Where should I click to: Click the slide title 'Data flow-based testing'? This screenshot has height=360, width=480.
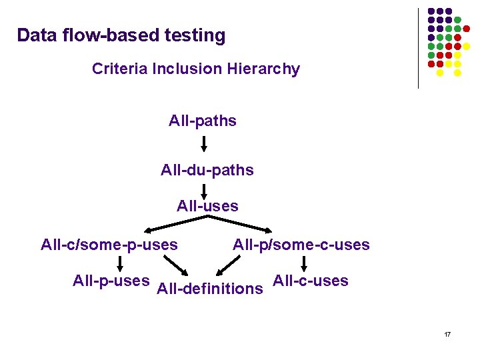pyautogui.click(x=121, y=35)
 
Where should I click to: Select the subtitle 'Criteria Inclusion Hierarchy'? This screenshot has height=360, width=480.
pyautogui.click(x=196, y=69)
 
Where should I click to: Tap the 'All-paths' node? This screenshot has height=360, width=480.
pyautogui.click(x=203, y=121)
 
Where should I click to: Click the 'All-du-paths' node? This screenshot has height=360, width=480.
pyautogui.click(x=207, y=170)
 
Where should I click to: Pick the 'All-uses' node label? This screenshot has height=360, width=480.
pyautogui.click(x=207, y=206)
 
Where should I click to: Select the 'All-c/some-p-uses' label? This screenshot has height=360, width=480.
pyautogui.click(x=109, y=245)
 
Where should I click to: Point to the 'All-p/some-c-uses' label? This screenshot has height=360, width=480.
pyautogui.click(x=301, y=245)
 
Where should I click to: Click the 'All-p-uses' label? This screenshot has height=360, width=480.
pyautogui.click(x=111, y=281)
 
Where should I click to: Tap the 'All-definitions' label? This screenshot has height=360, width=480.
pyautogui.click(x=209, y=289)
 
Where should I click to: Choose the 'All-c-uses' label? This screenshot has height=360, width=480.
pyautogui.click(x=311, y=281)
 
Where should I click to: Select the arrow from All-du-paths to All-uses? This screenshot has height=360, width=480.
pyautogui.click(x=205, y=190)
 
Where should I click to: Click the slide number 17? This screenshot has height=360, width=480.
pyautogui.click(x=447, y=333)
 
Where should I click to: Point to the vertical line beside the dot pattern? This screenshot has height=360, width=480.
pyautogui.click(x=418, y=48)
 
